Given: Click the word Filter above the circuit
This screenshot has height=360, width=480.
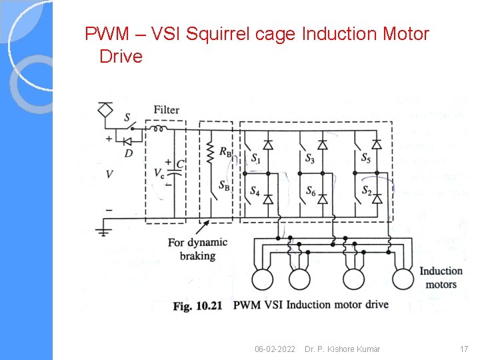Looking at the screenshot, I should coord(166,109).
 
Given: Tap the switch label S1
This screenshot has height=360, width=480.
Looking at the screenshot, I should coord(256,159).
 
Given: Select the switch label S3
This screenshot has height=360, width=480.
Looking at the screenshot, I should coord(311,159).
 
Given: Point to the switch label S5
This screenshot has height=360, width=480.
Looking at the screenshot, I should coord(366,159).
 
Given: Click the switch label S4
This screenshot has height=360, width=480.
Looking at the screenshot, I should coord(255,191).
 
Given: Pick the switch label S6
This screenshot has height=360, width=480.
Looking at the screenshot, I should coord(311,191).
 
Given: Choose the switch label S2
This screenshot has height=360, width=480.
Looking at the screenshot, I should coord(366,191).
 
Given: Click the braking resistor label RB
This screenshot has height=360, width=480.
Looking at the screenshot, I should coord(225,153).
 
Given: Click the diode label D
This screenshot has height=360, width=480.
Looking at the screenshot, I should coord(128,153).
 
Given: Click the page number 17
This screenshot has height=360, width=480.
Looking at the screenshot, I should coord(464,349).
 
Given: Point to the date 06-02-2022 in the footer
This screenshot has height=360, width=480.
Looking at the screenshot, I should coord(275,349).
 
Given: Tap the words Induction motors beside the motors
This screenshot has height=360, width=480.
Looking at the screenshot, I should coord(441,277).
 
